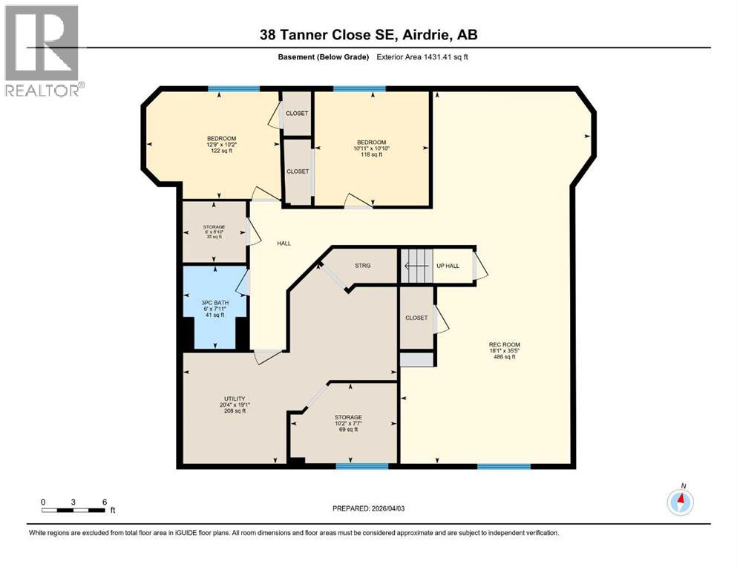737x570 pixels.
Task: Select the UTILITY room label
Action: click(234, 404)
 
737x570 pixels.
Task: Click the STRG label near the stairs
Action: click(363, 265)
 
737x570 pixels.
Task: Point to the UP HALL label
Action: click(448, 265)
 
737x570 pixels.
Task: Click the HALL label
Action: click(284, 243)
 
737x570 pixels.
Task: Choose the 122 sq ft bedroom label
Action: click(221, 144)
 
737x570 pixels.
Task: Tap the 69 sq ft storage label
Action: click(347, 423)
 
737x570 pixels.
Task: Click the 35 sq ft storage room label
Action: click(214, 232)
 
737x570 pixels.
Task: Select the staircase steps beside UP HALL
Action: click(416, 265)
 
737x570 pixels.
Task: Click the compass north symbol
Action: click(680, 502)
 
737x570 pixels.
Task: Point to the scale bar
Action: click(73, 509)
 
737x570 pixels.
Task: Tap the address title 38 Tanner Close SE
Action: click(368, 34)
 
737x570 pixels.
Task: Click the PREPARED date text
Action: click(367, 508)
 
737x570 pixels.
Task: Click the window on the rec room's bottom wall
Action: click(503, 466)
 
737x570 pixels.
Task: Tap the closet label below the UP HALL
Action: click(416, 318)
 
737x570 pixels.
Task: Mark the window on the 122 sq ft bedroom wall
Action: click(233, 89)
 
